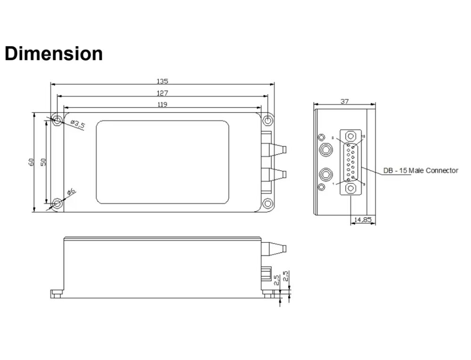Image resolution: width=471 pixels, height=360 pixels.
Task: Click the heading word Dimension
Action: [54, 54]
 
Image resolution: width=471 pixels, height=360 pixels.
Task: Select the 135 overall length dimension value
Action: [162, 81]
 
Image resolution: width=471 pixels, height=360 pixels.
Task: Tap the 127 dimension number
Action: [162, 93]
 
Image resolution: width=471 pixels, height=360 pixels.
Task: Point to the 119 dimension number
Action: [162, 104]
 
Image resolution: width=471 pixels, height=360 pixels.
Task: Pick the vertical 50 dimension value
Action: [43, 162]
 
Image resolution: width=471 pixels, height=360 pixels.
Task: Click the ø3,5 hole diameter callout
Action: [77, 125]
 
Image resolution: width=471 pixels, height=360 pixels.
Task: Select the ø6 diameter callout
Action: [71, 192]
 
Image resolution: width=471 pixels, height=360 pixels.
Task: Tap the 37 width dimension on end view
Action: [344, 101]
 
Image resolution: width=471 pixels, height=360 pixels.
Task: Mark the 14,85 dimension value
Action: [363, 219]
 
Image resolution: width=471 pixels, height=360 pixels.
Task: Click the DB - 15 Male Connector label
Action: [420, 170]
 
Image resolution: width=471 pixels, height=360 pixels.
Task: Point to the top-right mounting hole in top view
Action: [268, 120]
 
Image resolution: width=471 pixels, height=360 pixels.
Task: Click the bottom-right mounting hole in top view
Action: [268, 204]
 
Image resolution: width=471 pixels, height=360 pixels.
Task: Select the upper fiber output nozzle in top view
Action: [277, 150]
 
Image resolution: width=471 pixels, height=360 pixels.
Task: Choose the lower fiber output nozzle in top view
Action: [277, 174]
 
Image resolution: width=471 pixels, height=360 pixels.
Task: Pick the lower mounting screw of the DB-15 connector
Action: [350, 188]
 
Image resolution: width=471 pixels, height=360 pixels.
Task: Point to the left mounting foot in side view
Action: [57, 294]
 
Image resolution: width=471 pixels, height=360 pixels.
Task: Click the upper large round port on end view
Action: [325, 151]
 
